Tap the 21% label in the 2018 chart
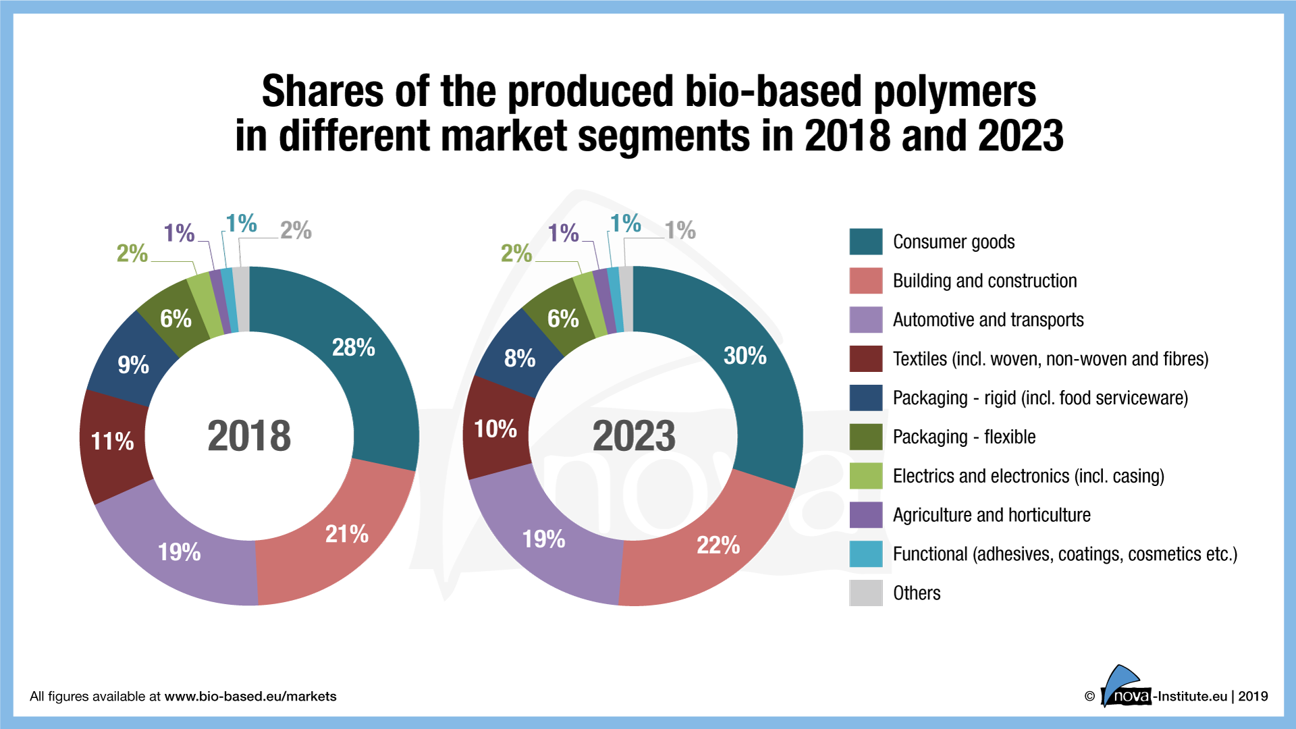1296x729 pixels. [x=347, y=534]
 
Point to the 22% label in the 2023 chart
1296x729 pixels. [x=718, y=545]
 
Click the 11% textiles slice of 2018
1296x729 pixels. [x=113, y=441]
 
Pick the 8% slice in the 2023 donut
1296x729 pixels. [x=520, y=358]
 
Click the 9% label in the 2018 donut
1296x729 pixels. [x=133, y=365]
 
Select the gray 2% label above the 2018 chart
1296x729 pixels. [x=296, y=231]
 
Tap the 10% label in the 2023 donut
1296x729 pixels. [x=495, y=429]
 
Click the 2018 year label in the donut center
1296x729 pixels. [x=249, y=436]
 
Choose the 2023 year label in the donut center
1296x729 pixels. [x=634, y=436]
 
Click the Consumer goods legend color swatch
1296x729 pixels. [x=865, y=242]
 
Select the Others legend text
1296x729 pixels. [x=916, y=593]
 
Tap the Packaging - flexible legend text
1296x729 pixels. [x=964, y=437]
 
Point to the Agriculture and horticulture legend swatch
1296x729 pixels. [x=865, y=515]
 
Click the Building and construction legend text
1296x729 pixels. [x=984, y=281]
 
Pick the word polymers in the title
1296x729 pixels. [x=954, y=92]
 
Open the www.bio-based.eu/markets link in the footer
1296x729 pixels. [x=250, y=697]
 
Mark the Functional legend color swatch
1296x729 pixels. [x=865, y=554]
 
